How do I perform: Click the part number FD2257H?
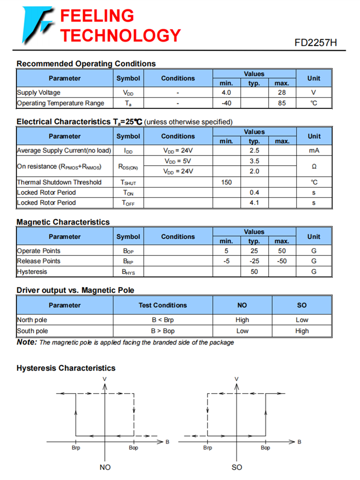(x=316, y=42)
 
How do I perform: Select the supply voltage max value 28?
(x=282, y=93)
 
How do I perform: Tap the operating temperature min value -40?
(x=226, y=103)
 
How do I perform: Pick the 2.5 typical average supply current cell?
(x=254, y=151)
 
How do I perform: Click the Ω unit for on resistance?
(x=313, y=166)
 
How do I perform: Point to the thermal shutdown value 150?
(x=226, y=182)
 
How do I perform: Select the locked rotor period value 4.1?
(x=254, y=203)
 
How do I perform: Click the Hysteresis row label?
(x=32, y=272)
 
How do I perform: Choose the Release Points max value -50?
(x=282, y=261)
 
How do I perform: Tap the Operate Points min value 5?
(x=226, y=251)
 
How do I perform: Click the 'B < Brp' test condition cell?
(x=163, y=320)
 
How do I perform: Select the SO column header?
(x=302, y=305)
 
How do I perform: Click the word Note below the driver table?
(x=26, y=342)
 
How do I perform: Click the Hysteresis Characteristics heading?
(x=66, y=368)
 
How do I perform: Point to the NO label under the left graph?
(x=105, y=467)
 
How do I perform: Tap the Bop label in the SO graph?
(x=265, y=448)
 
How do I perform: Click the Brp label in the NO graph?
(x=76, y=448)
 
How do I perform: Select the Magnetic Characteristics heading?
(x=63, y=222)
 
